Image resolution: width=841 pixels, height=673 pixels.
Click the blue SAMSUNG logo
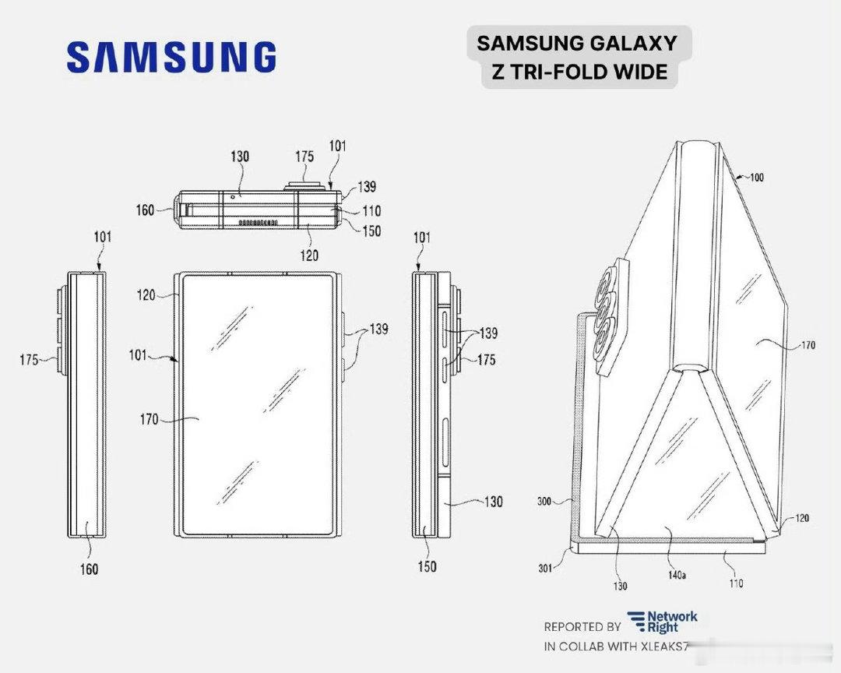pos(171,58)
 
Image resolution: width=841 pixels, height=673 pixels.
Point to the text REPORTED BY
pos(582,626)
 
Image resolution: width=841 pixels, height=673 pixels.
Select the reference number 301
pos(546,568)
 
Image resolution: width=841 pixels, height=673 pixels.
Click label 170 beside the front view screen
pos(149,420)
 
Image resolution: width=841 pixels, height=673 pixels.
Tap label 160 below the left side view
pos(90,569)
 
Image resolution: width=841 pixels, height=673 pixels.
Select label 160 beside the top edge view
pos(146,210)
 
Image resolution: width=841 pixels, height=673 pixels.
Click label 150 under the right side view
pos(427,567)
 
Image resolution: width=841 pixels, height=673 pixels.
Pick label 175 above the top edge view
pos(304,157)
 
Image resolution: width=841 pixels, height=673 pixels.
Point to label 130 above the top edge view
pos(239,157)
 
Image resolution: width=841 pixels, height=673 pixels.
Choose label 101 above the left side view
pos(103,236)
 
